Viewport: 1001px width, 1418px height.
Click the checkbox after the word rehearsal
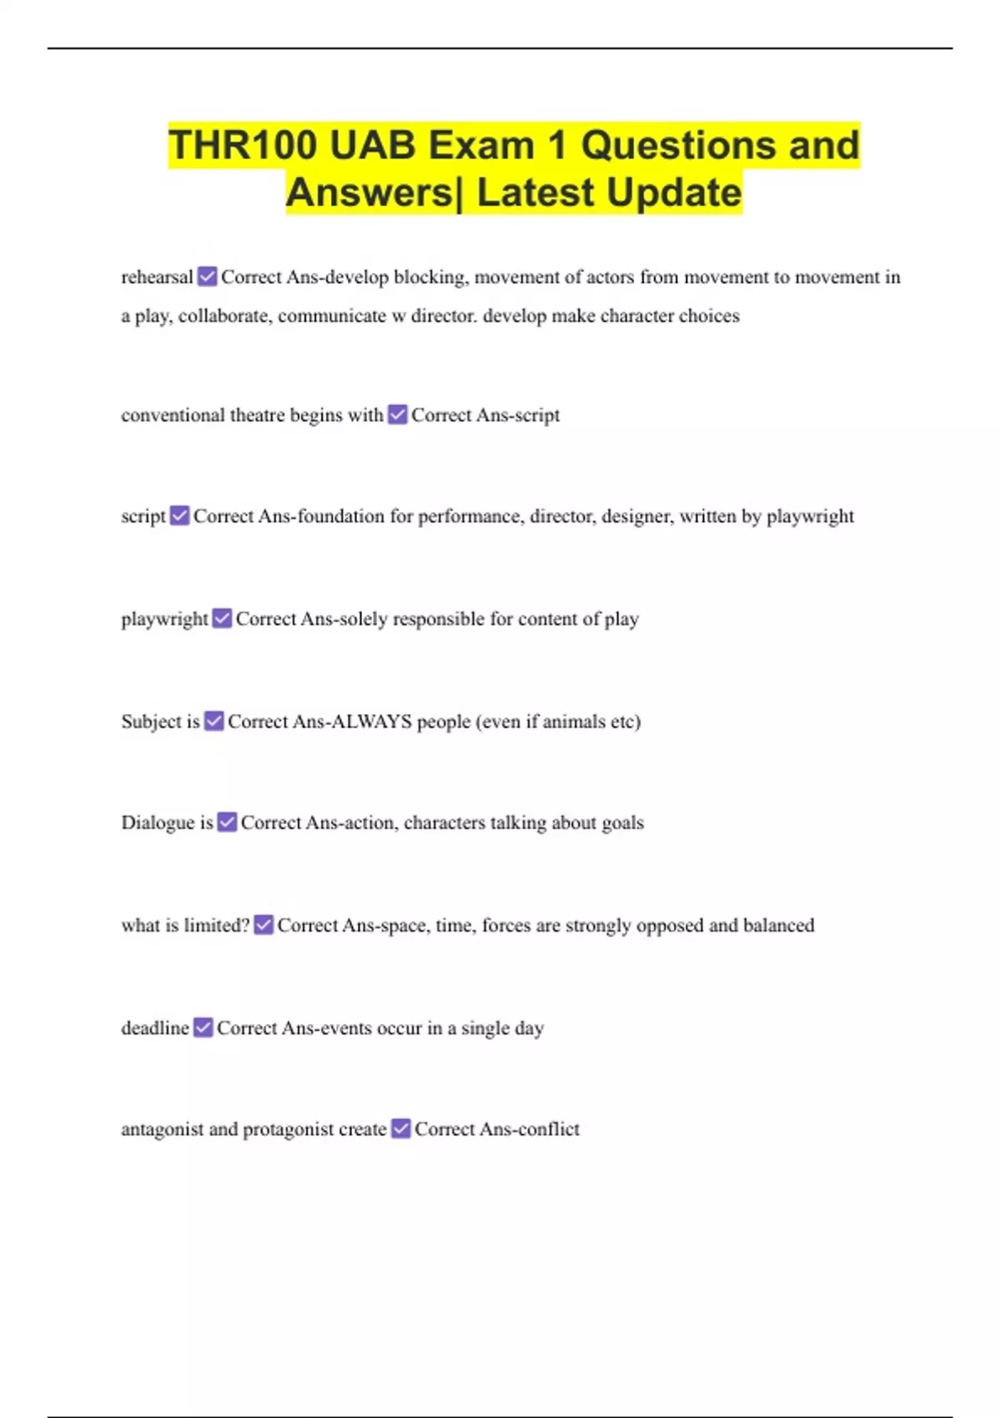[x=208, y=276]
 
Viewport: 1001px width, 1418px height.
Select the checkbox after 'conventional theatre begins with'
[x=398, y=415]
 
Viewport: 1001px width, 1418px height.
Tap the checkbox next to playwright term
[x=222, y=618]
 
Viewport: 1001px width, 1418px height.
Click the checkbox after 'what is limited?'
[x=264, y=925]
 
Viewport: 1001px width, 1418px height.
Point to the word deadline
[x=155, y=1028]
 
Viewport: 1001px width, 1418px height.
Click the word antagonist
[x=162, y=1129]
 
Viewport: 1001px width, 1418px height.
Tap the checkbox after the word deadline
[x=204, y=1028]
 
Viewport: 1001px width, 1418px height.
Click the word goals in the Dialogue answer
[x=622, y=822]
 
